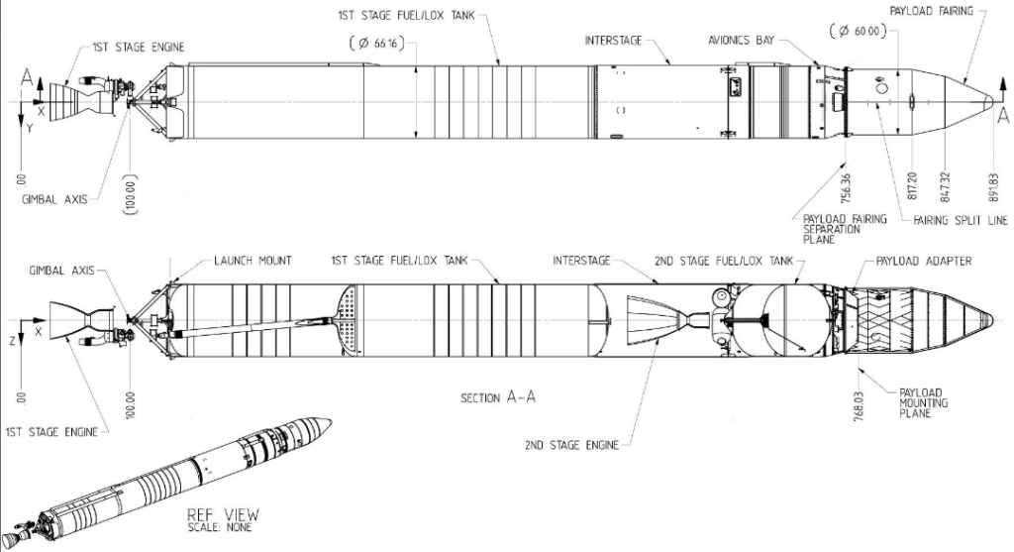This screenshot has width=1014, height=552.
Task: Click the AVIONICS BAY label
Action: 741,40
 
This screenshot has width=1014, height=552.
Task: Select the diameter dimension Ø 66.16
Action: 377,44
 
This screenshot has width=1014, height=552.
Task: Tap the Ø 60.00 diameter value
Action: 857,31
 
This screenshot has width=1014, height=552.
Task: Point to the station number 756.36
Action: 847,186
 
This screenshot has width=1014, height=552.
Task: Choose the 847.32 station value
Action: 946,186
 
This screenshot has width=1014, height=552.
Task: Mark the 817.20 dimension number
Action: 912,186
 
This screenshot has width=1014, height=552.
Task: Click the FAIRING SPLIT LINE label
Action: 961,221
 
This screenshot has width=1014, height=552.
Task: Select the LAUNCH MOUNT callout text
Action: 253,261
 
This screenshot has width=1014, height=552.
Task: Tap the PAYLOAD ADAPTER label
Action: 924,262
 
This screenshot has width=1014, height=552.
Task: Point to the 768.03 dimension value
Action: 859,405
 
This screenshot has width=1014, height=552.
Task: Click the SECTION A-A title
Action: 498,397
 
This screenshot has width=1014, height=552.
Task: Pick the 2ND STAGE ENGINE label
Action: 571,445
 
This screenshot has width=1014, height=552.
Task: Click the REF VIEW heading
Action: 223,515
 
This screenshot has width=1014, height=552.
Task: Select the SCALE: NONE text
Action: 220,527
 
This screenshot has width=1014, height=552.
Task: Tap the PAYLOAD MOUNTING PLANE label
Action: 923,402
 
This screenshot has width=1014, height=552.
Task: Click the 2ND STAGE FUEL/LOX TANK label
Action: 724,261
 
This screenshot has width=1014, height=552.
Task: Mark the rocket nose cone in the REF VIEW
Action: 318,427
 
